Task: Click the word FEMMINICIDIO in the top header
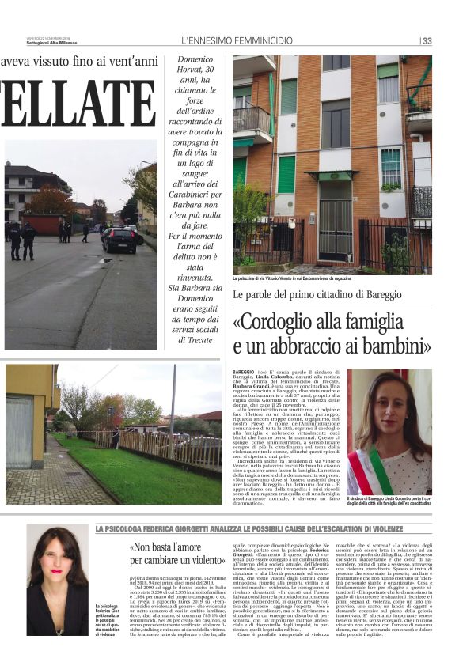tap(260, 40)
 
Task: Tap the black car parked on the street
tap(119, 239)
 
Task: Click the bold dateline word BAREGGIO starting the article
tap(244, 372)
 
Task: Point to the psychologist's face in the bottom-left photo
tap(57, 564)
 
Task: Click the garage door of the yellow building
tap(19, 432)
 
